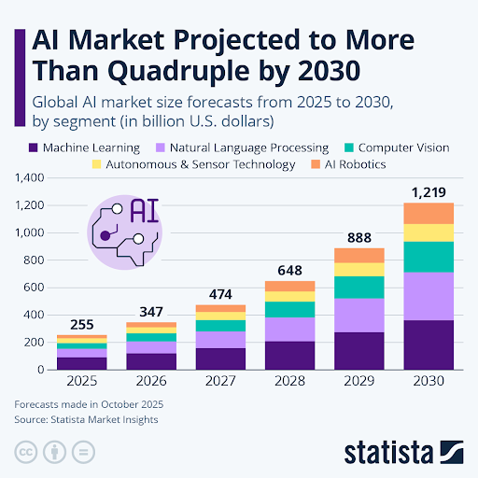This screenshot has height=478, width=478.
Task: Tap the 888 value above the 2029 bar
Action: (x=359, y=238)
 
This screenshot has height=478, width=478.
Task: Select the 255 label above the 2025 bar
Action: (x=82, y=325)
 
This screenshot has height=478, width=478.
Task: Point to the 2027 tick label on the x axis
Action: (x=221, y=381)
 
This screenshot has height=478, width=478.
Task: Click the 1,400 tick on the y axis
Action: (x=30, y=177)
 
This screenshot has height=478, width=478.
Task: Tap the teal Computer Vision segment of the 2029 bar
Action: (x=359, y=287)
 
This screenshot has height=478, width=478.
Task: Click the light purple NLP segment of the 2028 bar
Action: (x=290, y=330)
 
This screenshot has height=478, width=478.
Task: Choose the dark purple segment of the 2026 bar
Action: (x=151, y=361)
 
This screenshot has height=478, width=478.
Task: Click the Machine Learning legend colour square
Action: (x=33, y=148)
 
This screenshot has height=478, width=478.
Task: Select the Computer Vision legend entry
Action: (x=401, y=148)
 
